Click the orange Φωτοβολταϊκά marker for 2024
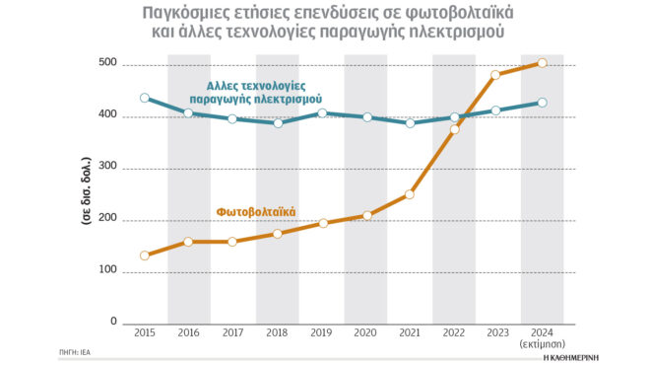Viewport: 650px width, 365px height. pos(542,64)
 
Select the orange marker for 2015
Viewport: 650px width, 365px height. pos(145,255)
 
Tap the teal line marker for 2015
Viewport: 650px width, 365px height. pos(145,99)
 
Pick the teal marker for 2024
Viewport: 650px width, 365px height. pos(542,103)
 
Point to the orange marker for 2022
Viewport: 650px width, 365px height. pos(454,130)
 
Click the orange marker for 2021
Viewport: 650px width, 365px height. pos(410,194)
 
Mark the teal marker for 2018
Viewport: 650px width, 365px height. pos(278,123)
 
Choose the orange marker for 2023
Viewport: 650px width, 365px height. pos(497,75)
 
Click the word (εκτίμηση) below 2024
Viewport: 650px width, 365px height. pos(542,346)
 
